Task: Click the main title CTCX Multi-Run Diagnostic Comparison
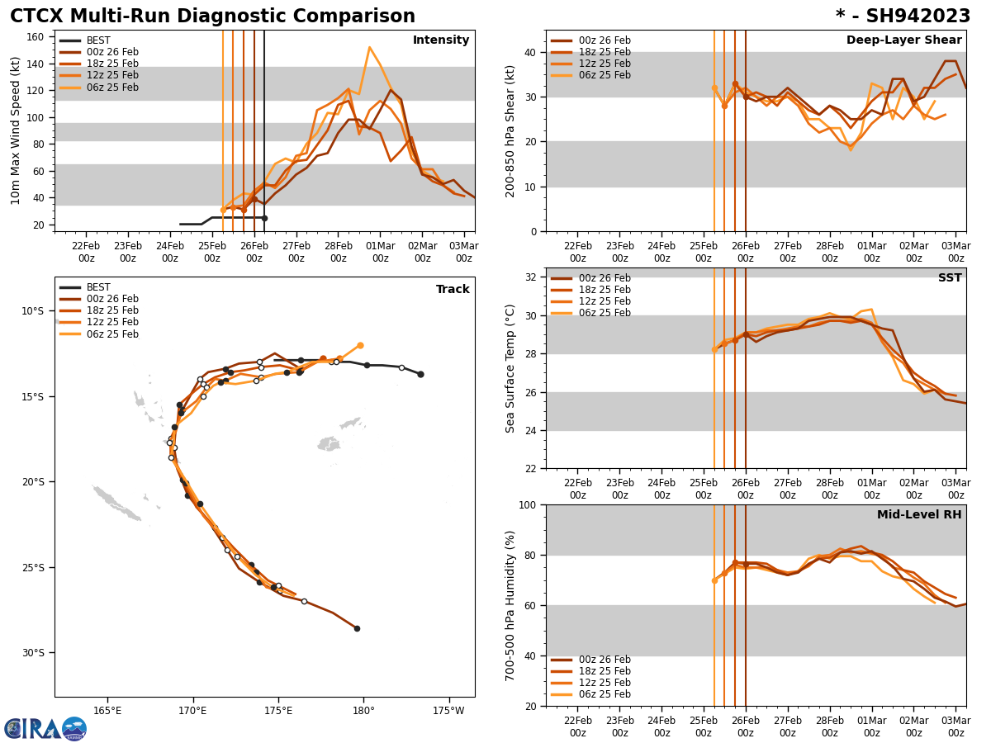(212, 17)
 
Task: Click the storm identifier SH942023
(903, 17)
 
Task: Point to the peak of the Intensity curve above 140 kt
(369, 47)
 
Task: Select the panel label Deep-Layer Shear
(903, 40)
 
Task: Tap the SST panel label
(949, 278)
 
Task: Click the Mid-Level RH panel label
(918, 515)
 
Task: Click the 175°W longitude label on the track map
(448, 710)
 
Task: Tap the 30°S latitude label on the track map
(33, 652)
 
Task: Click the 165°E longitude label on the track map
(107, 710)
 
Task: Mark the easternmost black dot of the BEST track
(420, 374)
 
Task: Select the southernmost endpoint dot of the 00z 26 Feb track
(357, 628)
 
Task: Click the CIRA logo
(45, 728)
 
